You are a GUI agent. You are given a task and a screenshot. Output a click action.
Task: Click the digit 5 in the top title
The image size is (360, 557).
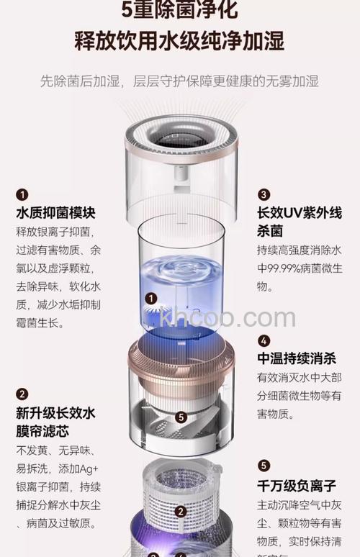pos(129,10)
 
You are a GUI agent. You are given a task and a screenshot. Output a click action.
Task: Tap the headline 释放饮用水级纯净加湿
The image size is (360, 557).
pos(179,40)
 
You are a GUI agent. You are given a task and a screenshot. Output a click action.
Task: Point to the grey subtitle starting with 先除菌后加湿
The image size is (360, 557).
pos(179,81)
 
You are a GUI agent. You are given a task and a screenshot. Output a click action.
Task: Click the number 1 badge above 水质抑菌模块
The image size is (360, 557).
pos(22,195)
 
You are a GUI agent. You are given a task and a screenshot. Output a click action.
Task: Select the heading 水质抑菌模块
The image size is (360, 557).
pos(55,214)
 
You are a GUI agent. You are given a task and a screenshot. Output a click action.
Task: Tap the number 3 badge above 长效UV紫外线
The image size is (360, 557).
pos(264,195)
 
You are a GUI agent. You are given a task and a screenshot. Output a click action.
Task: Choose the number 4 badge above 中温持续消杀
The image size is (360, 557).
pos(264,340)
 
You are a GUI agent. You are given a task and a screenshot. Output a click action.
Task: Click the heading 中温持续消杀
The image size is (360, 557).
pos(296,359)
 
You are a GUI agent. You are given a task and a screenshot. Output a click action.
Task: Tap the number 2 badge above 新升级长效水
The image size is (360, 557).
pos(22,394)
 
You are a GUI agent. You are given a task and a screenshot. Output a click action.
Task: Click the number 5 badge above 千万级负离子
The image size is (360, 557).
pos(264,466)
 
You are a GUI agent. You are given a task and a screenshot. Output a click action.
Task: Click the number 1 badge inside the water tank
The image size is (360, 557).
pos(151,298)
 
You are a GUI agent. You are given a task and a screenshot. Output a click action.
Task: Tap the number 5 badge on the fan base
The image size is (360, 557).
pos(181,417)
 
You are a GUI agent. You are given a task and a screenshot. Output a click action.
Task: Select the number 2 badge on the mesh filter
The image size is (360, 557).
pos(181,512)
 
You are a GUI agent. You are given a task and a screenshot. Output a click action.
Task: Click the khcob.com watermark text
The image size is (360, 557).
pos(228,317)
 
